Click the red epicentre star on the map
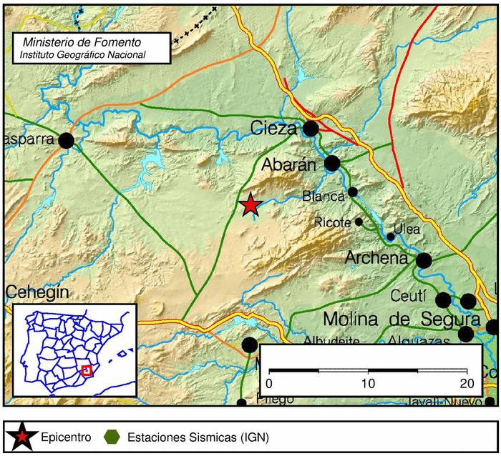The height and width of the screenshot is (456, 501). [250, 205]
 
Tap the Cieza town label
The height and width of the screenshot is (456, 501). [274, 129]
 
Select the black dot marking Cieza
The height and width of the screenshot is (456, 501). [310, 129]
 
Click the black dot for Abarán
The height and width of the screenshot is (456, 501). [332, 164]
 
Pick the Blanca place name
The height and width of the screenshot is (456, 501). [324, 194]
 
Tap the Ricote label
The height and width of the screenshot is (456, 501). [333, 222]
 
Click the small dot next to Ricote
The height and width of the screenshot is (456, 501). [359, 222]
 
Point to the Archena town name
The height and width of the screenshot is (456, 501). [376, 258]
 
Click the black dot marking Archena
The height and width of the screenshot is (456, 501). [424, 260]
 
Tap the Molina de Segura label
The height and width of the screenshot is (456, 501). [402, 318]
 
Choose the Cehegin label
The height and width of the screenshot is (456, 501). [37, 292]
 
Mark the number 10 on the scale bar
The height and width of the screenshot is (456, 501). [369, 383]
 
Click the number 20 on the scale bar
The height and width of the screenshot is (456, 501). [467, 383]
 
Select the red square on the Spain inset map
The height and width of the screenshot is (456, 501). [87, 370]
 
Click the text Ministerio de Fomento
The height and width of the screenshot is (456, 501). [82, 43]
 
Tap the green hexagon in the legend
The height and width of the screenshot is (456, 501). [112, 436]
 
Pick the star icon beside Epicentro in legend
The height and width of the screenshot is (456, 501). [22, 435]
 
